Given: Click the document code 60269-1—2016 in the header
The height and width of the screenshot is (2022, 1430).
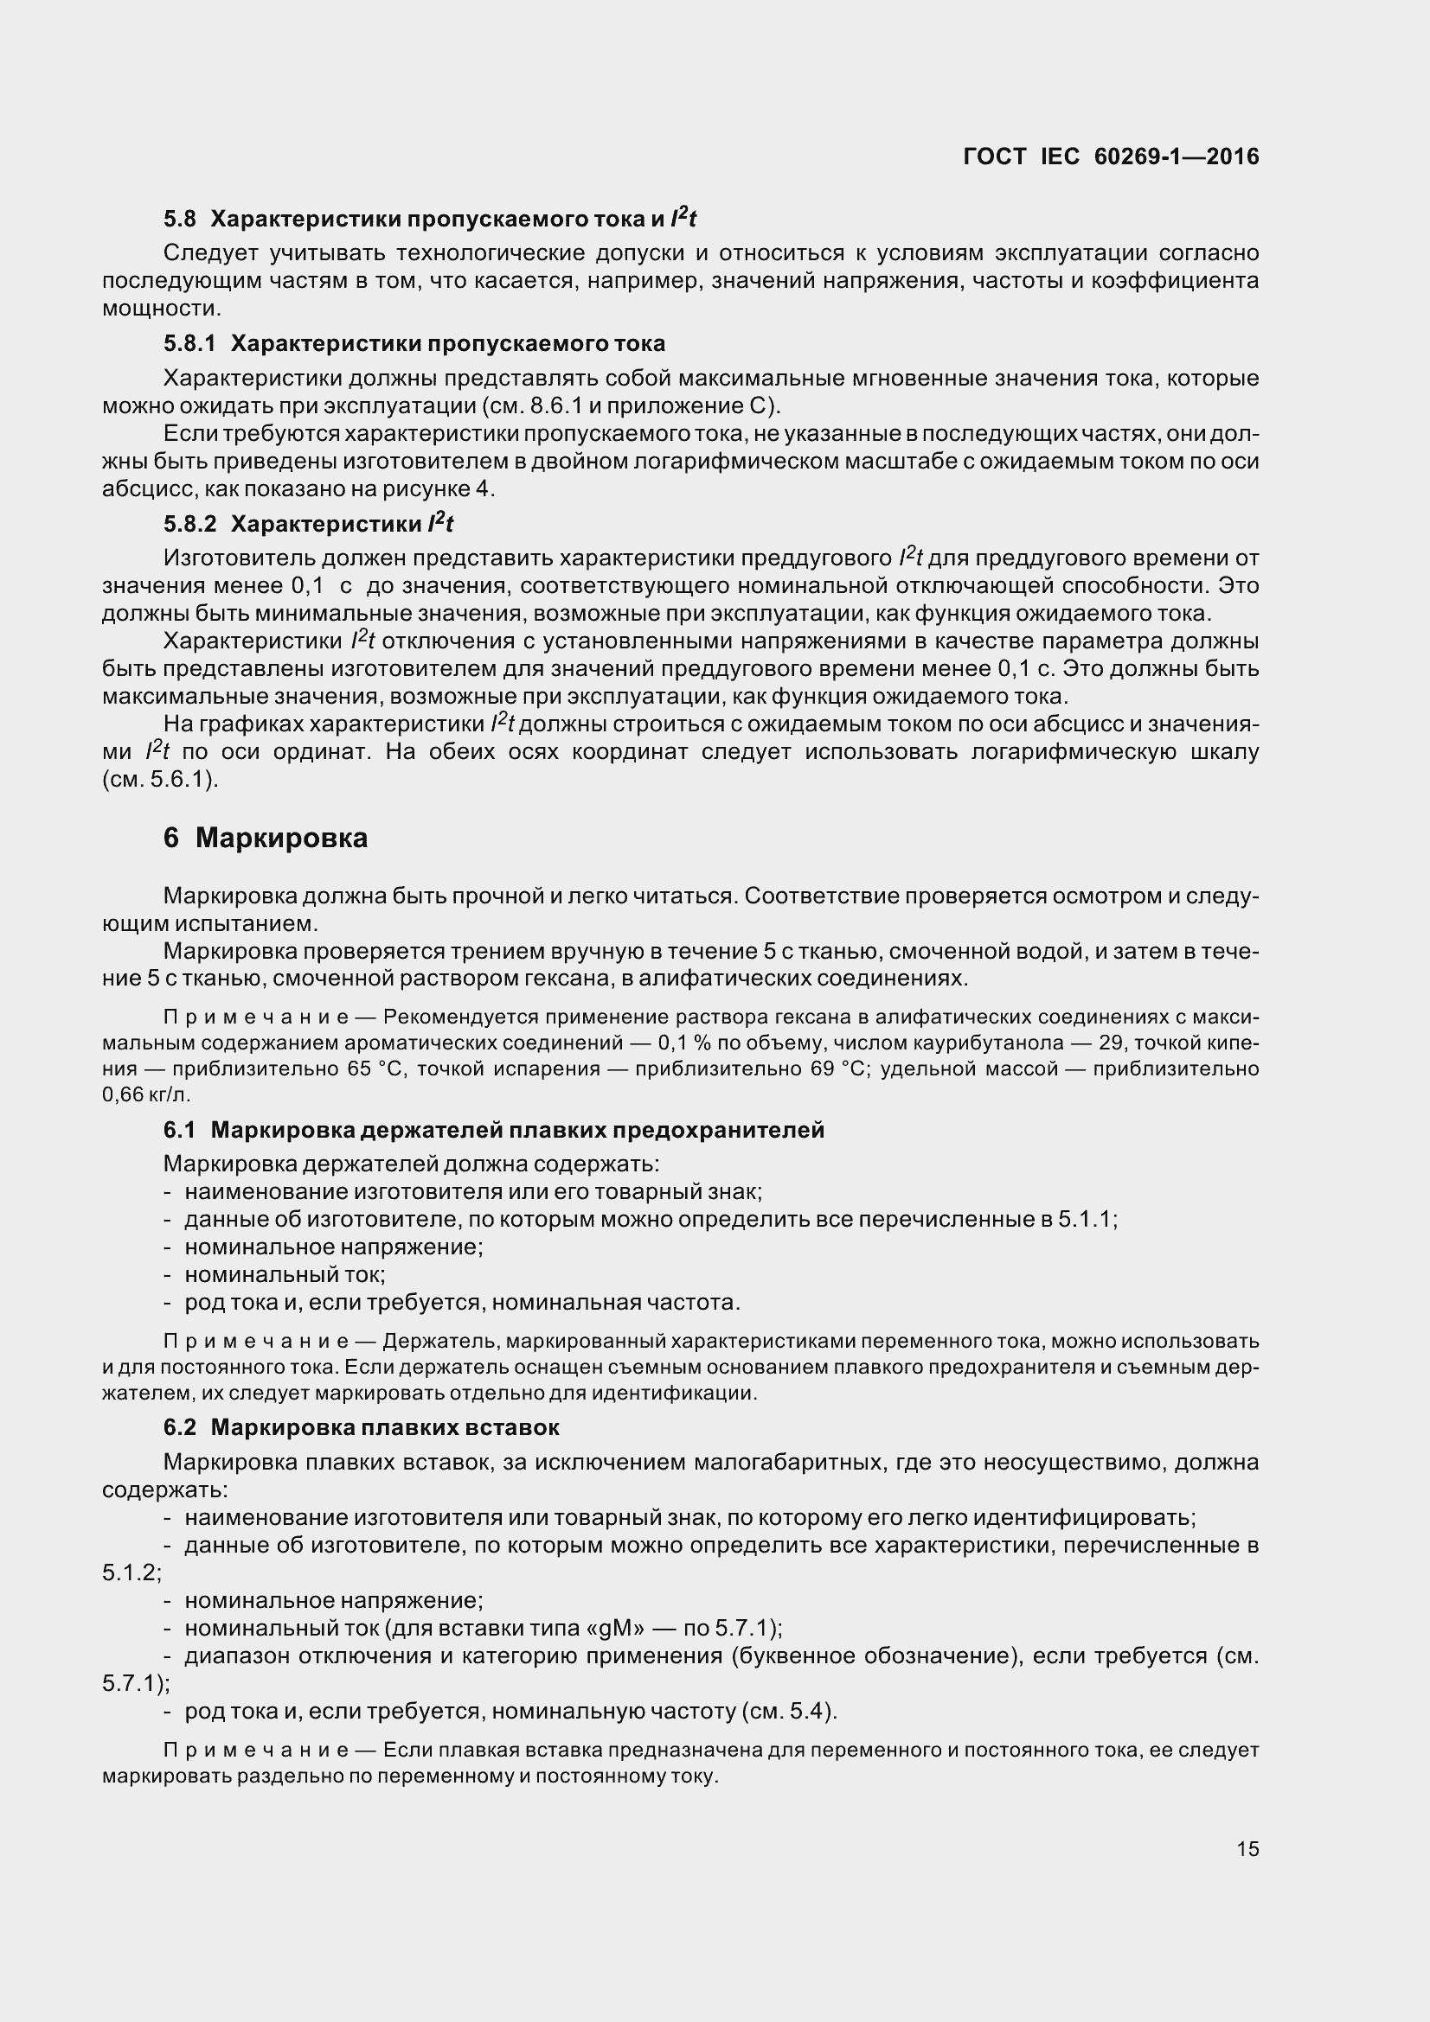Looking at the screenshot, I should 1177,156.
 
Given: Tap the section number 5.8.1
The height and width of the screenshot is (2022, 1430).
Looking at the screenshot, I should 189,343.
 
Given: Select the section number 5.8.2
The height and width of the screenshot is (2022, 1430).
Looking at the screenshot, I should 189,524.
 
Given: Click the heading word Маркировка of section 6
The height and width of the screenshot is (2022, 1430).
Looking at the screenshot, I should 281,838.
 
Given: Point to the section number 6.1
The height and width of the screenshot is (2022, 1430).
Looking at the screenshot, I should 179,1130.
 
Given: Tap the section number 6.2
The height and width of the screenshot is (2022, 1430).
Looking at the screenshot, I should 179,1426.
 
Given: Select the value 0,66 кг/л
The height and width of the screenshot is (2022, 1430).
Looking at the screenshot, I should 146,1095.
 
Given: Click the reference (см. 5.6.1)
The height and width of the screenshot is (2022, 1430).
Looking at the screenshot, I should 159,780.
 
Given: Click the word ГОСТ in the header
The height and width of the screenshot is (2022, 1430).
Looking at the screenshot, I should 995,156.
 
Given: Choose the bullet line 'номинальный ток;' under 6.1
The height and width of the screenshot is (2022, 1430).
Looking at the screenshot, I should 285,1274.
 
